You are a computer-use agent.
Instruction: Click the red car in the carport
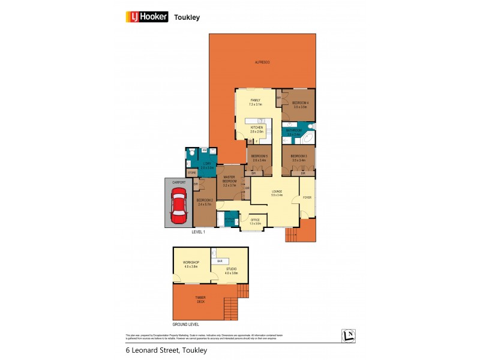179,205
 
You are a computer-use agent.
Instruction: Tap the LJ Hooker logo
146,17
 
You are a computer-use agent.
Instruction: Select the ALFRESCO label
262,62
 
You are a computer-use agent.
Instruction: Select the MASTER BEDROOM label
229,179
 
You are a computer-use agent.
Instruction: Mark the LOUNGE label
277,193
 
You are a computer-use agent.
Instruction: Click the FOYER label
307,197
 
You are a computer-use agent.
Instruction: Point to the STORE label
192,173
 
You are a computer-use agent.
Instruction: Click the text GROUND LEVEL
185,324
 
